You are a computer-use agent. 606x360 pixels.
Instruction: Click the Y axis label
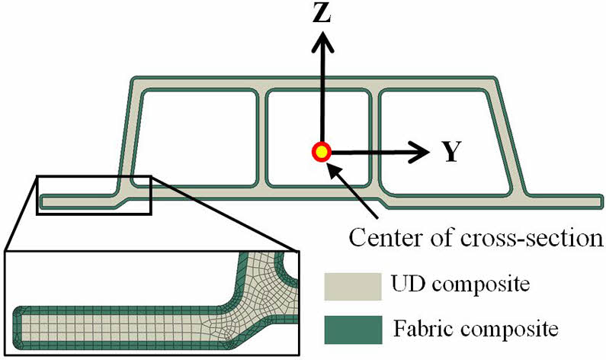[451, 153]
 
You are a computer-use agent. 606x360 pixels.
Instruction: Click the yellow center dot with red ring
[322, 152]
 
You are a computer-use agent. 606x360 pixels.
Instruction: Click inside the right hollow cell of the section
[442, 137]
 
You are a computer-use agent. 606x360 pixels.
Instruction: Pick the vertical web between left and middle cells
[261, 137]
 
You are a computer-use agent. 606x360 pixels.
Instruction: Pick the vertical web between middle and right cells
[374, 137]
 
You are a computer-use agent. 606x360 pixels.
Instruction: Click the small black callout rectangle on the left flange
[94, 194]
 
